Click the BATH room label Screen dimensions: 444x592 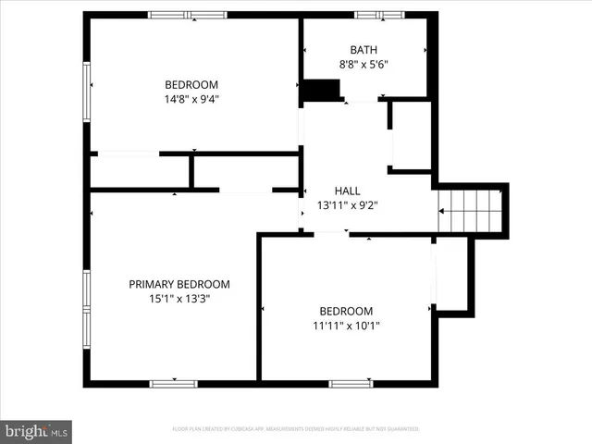pos(364,50)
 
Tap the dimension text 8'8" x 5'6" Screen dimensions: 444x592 pos(364,65)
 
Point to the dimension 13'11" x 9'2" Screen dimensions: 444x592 pos(347,204)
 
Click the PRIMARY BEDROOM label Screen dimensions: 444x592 pos(179,284)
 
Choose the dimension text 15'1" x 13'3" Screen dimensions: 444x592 pos(179,299)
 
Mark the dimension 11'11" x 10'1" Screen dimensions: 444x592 pos(346,326)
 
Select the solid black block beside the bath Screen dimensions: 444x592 pos(322,91)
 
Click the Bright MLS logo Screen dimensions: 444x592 pos(36,431)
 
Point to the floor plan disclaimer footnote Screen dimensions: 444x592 pos(296,429)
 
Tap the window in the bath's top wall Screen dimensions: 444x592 pos(379,15)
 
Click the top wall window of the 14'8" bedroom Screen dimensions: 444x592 pos(188,15)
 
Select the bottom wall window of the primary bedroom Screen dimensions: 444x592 pos(173,383)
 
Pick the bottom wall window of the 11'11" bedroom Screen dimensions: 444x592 pos(351,383)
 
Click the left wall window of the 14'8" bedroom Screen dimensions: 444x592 pos(87,91)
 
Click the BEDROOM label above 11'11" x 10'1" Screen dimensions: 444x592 pos(346,311)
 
